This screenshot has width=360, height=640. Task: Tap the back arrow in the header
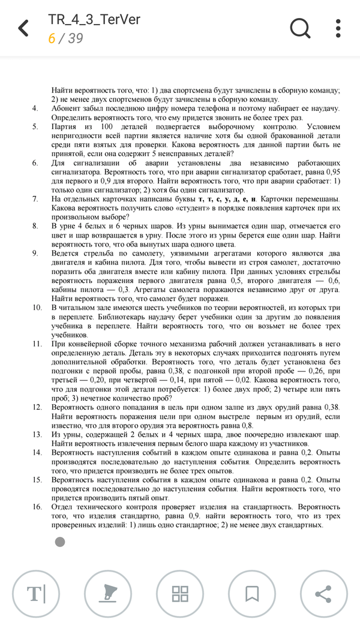pyautogui.click(x=23, y=28)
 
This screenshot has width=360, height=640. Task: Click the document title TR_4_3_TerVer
pyautogui.click(x=94, y=19)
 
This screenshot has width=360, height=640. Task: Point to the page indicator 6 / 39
pyautogui.click(x=65, y=38)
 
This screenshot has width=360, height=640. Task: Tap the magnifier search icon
pyautogui.click(x=301, y=28)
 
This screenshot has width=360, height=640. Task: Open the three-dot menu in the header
pyautogui.click(x=339, y=28)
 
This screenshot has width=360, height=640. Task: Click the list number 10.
pyautogui.click(x=37, y=307)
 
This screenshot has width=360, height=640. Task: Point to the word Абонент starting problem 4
pyautogui.click(x=67, y=109)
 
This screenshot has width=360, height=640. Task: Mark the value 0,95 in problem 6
pyautogui.click(x=329, y=172)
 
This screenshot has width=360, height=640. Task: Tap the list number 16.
pyautogui.click(x=37, y=507)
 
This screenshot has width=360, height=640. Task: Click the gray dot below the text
pyautogui.click(x=59, y=542)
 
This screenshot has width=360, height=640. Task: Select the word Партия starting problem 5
pyautogui.click(x=64, y=127)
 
